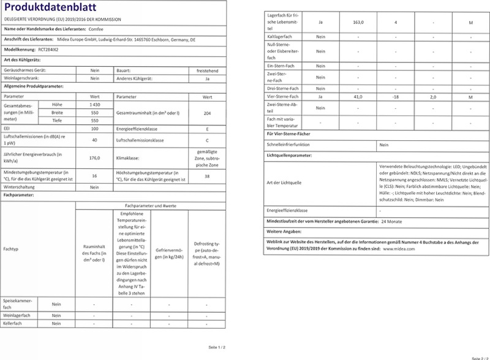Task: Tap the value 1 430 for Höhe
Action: tap(94, 105)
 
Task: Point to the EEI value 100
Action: tap(94, 130)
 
